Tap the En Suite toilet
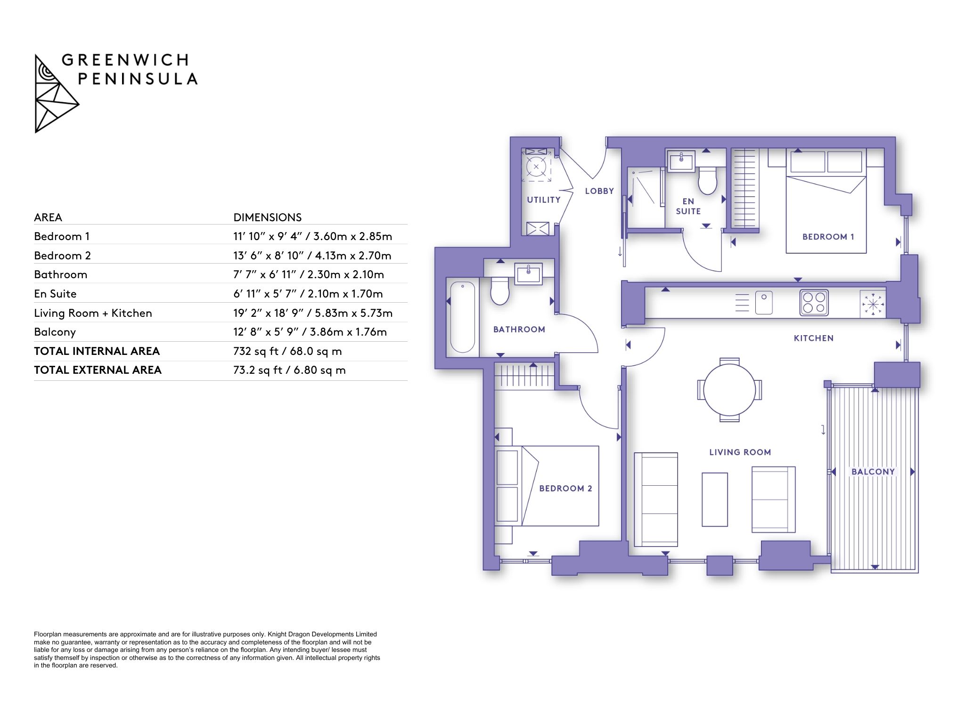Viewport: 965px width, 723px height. click(x=707, y=180)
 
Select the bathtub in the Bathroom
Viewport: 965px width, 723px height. click(x=462, y=316)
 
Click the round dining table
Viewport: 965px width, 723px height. click(x=729, y=390)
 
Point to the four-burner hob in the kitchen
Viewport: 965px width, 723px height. click(x=814, y=302)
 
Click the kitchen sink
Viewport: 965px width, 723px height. click(x=764, y=303)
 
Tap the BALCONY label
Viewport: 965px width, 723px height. click(x=873, y=472)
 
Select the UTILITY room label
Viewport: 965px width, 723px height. click(x=544, y=200)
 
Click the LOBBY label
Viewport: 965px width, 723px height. click(x=599, y=191)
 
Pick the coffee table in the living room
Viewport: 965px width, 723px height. click(x=715, y=499)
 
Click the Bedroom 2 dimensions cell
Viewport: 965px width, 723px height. click(x=312, y=256)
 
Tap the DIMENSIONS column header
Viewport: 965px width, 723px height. click(x=268, y=217)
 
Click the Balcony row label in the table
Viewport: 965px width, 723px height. click(x=55, y=332)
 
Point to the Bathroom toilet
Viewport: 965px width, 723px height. click(x=500, y=290)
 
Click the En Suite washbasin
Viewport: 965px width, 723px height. click(x=681, y=161)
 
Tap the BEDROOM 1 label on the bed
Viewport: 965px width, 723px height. click(x=828, y=237)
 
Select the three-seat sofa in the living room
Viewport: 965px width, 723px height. click(x=656, y=499)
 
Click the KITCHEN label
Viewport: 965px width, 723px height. click(x=814, y=338)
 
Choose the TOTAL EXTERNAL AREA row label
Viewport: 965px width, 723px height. click(x=98, y=370)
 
